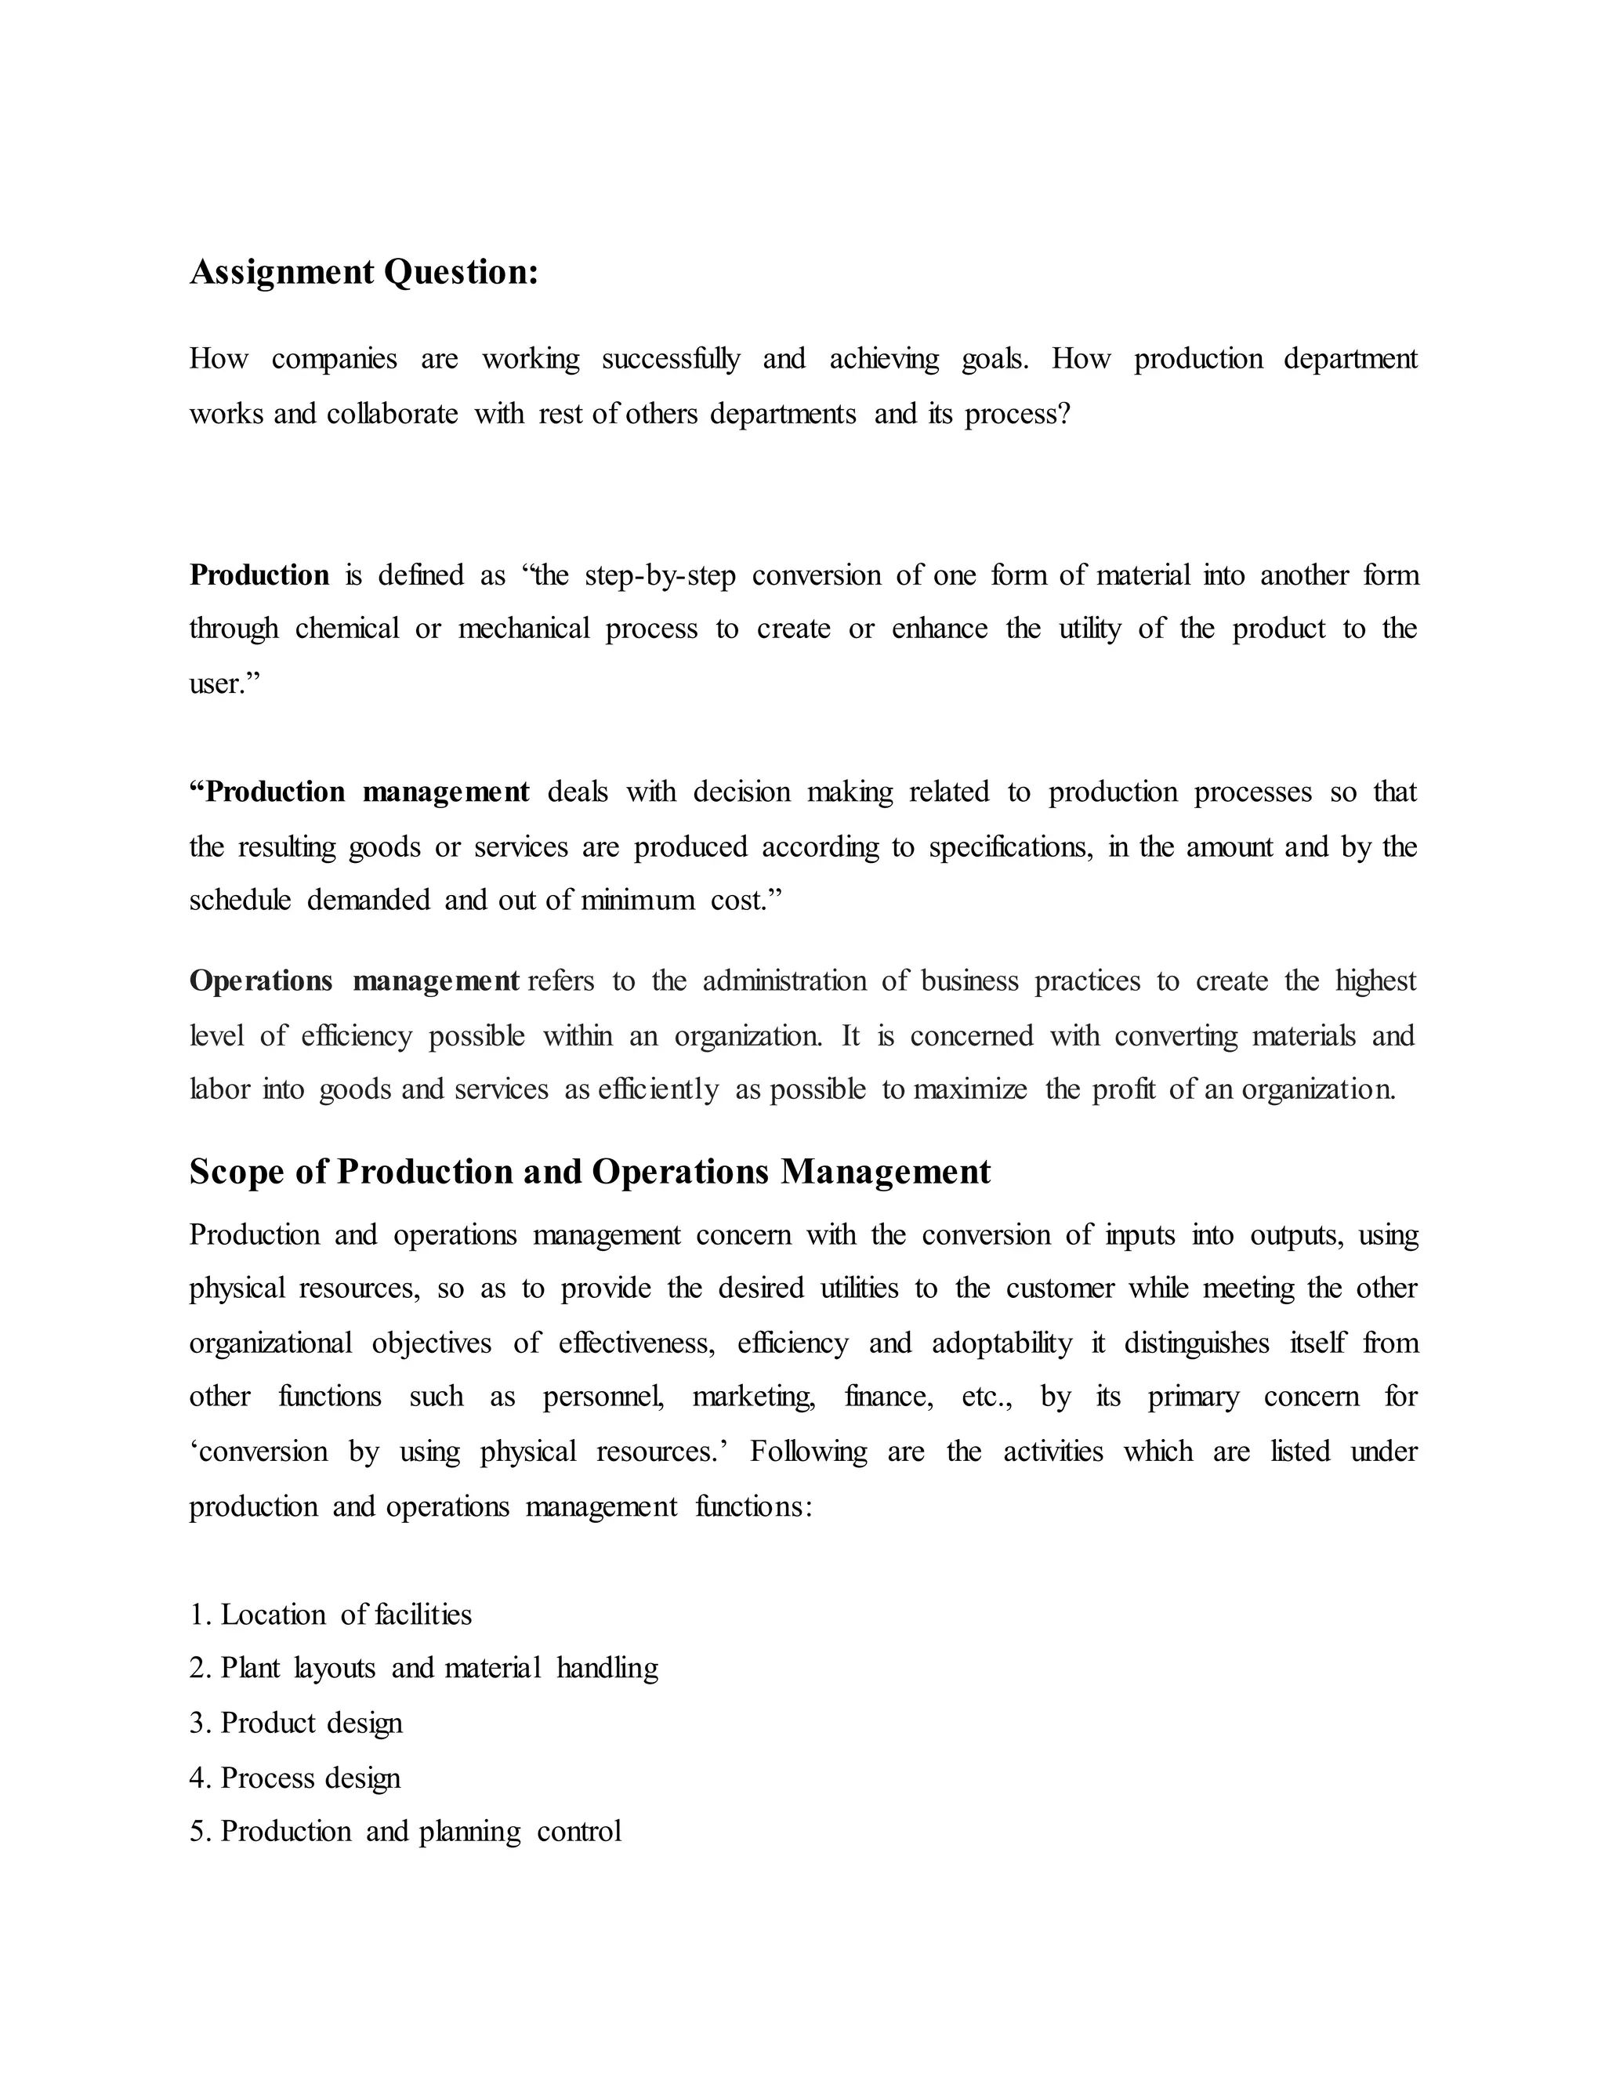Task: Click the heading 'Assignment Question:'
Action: pos(364,272)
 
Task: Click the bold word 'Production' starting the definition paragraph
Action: pos(259,575)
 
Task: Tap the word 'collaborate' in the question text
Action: pos(392,415)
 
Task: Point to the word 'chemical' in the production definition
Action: pos(347,629)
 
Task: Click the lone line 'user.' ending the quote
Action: pos(224,683)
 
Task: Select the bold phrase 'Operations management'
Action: pos(353,981)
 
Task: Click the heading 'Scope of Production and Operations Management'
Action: pos(589,1171)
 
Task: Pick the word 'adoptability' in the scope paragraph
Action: pos(1002,1343)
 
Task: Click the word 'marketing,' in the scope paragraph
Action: pos(754,1396)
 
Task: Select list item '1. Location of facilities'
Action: pos(330,1615)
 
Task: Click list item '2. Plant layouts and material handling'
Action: pos(423,1668)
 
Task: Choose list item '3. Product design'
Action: pos(295,1722)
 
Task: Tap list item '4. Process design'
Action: pos(295,1778)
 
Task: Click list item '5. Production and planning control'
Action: pos(405,1831)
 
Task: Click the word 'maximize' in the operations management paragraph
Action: pos(970,1089)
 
